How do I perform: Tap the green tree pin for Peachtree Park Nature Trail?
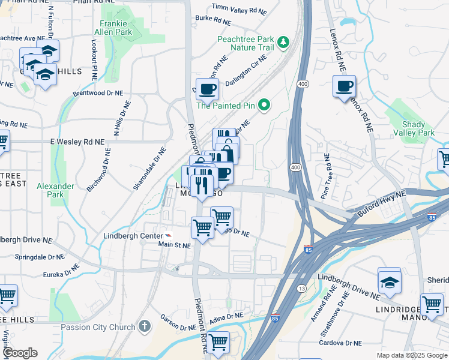(283, 42)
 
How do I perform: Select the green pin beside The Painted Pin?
(264, 106)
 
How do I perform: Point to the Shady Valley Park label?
(418, 128)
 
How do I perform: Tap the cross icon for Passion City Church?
(143, 327)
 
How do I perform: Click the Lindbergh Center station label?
(133, 236)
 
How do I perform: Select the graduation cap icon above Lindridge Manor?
(389, 281)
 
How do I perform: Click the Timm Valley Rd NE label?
(239, 10)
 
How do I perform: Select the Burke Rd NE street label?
(212, 21)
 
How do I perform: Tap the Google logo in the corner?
(20, 353)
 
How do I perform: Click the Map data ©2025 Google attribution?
(411, 355)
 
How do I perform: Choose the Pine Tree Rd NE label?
(325, 176)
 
